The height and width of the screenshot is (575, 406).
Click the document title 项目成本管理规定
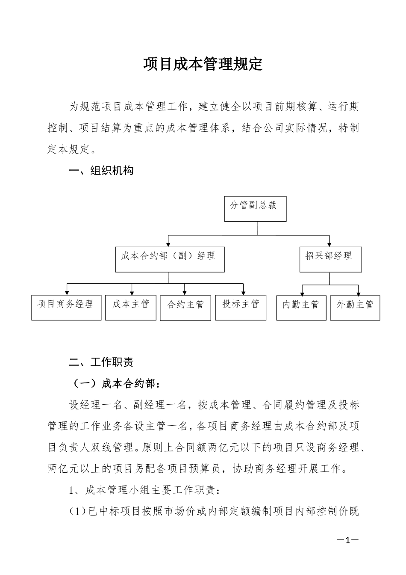click(203, 64)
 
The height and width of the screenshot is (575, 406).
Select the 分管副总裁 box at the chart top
click(255, 209)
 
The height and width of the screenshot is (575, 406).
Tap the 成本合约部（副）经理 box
click(170, 259)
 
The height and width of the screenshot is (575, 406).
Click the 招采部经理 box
click(330, 259)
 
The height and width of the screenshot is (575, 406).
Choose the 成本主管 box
click(130, 307)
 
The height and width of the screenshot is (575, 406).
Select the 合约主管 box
click(185, 308)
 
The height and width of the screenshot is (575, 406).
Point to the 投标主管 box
click(241, 307)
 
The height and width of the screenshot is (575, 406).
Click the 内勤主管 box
click(301, 308)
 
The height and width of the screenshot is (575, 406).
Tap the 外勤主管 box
click(355, 308)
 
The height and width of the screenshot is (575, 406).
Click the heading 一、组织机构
click(101, 171)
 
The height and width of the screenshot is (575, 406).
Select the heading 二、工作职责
click(101, 362)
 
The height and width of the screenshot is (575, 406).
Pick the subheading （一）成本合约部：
click(115, 384)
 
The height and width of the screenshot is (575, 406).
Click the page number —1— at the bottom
click(347, 540)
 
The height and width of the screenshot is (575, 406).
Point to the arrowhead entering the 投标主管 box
click(243, 292)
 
